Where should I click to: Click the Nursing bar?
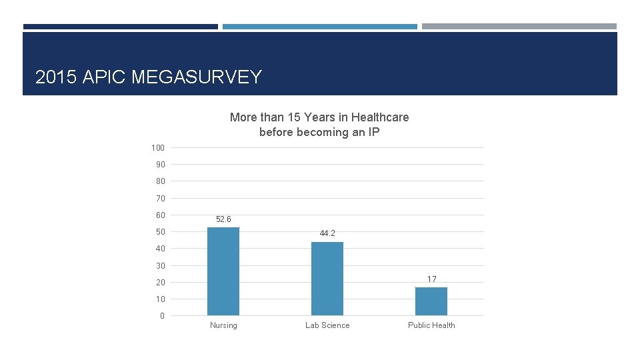pyautogui.click(x=223, y=271)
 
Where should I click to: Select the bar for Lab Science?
pyautogui.click(x=327, y=279)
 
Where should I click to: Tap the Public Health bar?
pyautogui.click(x=431, y=301)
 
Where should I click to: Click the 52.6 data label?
pyautogui.click(x=223, y=219)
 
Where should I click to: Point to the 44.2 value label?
pyautogui.click(x=327, y=233)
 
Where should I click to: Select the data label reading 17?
pyautogui.click(x=431, y=279)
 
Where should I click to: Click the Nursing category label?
pyautogui.click(x=223, y=325)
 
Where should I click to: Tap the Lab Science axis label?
pyautogui.click(x=327, y=325)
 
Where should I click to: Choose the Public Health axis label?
pyautogui.click(x=431, y=325)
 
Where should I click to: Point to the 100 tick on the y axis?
pyautogui.click(x=158, y=147)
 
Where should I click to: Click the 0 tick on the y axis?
pyautogui.click(x=162, y=316)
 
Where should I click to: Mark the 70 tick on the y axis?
pyautogui.click(x=160, y=198)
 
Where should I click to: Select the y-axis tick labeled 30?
pyautogui.click(x=160, y=265)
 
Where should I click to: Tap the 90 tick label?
pyautogui.click(x=160, y=165)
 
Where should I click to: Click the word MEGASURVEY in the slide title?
pyautogui.click(x=197, y=77)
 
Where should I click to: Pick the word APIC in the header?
pyautogui.click(x=105, y=77)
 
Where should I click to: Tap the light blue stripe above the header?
pyautogui.click(x=319, y=27)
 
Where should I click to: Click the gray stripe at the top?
pyautogui.click(x=519, y=27)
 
